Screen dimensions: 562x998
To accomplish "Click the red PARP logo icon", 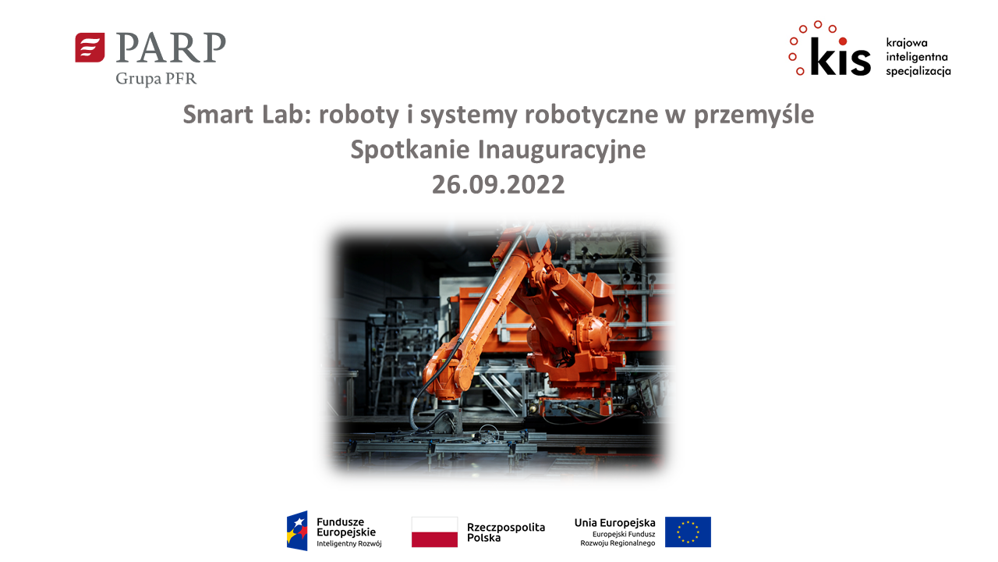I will pyautogui.click(x=90, y=48).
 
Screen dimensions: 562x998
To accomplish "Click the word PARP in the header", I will pyautogui.click(x=171, y=48).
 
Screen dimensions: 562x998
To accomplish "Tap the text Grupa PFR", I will pyautogui.click(x=156, y=79).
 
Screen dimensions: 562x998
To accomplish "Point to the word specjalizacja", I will pyautogui.click(x=918, y=71).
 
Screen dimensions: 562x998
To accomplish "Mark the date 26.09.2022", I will pyautogui.click(x=498, y=185).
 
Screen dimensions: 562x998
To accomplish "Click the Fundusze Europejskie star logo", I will pyautogui.click(x=297, y=531).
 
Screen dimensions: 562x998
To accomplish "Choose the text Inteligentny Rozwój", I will pyautogui.click(x=349, y=544).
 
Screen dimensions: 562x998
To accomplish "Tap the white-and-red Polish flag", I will pyautogui.click(x=434, y=532).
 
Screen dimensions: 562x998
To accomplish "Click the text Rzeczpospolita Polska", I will pyautogui.click(x=506, y=532).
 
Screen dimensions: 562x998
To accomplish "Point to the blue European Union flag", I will pyautogui.click(x=688, y=532).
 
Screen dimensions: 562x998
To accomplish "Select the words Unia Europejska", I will pyautogui.click(x=614, y=522).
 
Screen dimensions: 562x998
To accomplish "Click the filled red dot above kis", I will pyautogui.click(x=843, y=41).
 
